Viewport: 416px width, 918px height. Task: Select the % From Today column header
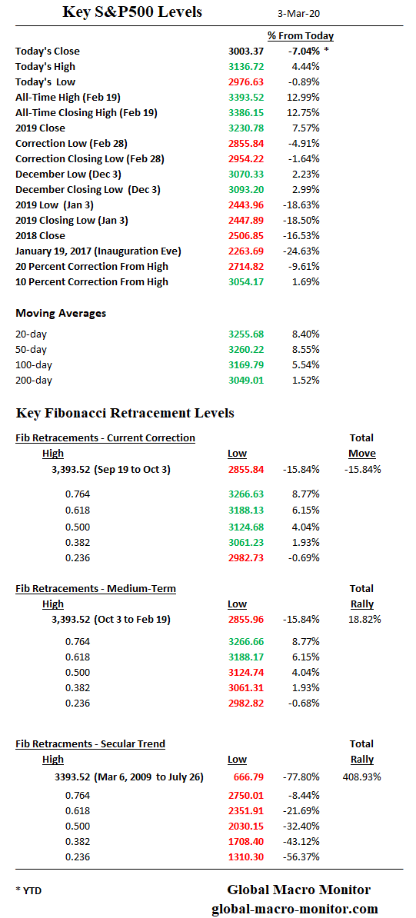300,35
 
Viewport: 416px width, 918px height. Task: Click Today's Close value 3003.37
245,52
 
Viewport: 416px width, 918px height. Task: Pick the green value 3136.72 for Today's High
245,67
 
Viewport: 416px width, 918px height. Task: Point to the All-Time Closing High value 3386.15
245,113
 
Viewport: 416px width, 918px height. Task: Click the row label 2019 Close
40,128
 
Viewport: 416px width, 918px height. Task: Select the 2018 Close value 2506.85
245,236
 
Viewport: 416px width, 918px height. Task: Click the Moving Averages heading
61,313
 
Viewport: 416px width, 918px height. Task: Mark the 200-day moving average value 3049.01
245,381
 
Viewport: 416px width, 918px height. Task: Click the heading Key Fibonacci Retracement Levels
125,413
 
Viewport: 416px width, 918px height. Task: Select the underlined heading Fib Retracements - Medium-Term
95,589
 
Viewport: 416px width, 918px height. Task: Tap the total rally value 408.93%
361,777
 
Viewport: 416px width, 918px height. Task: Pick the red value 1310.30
245,857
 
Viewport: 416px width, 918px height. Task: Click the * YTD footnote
30,890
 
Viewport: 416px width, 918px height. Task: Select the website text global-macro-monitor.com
295,909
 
